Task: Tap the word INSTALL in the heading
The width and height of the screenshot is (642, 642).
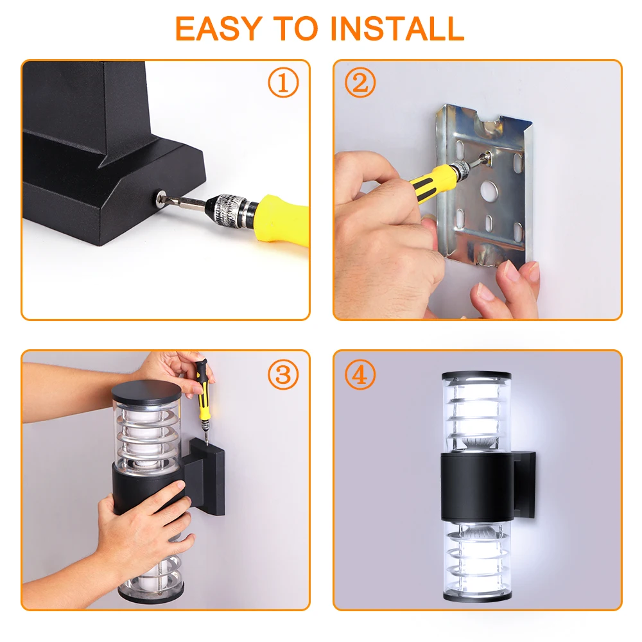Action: [x=397, y=29]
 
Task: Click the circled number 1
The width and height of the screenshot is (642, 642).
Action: [x=283, y=82]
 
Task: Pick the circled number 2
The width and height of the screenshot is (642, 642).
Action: [x=360, y=82]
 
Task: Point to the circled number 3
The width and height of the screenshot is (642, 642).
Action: [x=283, y=374]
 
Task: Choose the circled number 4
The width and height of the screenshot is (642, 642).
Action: [x=360, y=374]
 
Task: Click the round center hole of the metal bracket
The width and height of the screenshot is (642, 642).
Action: [x=489, y=191]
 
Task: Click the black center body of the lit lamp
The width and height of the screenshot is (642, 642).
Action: [x=478, y=487]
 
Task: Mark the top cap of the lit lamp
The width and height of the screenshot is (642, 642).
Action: [x=476, y=375]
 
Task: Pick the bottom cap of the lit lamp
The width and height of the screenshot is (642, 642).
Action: [x=477, y=597]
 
